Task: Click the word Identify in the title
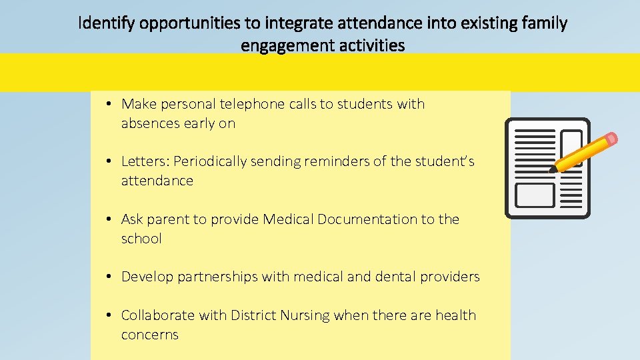click(x=102, y=25)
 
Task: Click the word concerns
click(x=150, y=334)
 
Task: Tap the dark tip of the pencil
click(x=552, y=170)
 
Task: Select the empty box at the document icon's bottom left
click(x=535, y=195)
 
